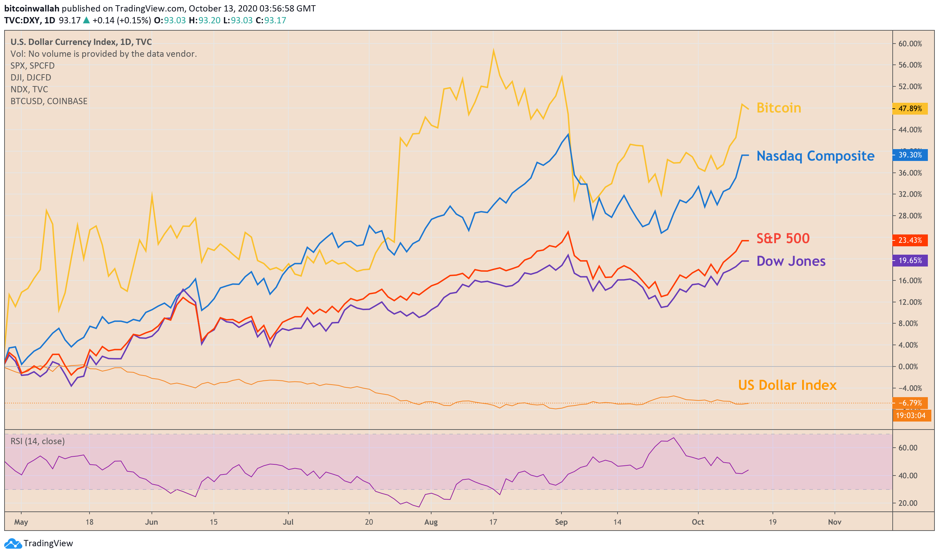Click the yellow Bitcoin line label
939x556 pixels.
coord(778,108)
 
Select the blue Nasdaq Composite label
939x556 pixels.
coord(815,156)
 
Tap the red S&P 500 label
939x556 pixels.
coord(783,238)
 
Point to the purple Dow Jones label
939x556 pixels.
coord(791,261)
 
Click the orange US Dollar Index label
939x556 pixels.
coord(787,385)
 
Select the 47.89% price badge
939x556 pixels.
coord(910,109)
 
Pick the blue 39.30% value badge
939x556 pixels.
coord(910,155)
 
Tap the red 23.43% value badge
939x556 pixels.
coord(910,240)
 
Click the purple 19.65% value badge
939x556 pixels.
coord(910,260)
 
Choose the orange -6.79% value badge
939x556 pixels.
coord(910,403)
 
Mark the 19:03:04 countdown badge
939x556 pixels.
coord(910,415)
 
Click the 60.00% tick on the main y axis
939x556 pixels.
coord(910,44)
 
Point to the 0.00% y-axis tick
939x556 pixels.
coord(910,366)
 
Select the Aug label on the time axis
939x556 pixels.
coord(431,522)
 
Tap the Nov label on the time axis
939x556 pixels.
coord(835,522)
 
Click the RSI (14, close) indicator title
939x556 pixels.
coord(38,441)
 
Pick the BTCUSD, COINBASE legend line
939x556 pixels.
coord(49,101)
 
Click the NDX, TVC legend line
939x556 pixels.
coord(29,89)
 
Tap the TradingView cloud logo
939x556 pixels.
coord(13,543)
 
